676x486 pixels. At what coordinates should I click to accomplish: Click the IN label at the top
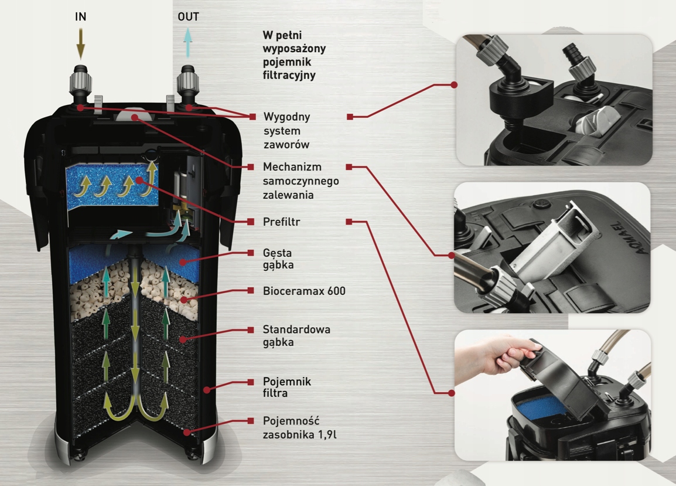pos(81,17)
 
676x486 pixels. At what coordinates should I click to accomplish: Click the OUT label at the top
pos(188,17)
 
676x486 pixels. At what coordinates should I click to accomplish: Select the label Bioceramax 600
pos(304,291)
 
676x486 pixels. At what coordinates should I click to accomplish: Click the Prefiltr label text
pos(281,222)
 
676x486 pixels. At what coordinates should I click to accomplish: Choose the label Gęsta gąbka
pos(278,259)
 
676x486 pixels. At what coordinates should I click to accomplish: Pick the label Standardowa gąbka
pos(296,335)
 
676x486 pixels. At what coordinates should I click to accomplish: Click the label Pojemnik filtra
pos(286,387)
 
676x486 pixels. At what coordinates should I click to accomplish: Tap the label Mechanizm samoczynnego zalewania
pos(301,181)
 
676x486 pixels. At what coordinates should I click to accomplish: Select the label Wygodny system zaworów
pos(286,130)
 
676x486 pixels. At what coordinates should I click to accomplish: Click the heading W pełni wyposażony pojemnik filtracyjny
pos(294,55)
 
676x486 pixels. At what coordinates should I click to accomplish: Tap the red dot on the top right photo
pos(454,85)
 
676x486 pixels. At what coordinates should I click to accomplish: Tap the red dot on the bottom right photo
pos(452,393)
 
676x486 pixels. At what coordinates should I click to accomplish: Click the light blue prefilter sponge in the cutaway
pos(111,186)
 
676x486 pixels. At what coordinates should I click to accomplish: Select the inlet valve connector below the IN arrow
pos(80,85)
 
